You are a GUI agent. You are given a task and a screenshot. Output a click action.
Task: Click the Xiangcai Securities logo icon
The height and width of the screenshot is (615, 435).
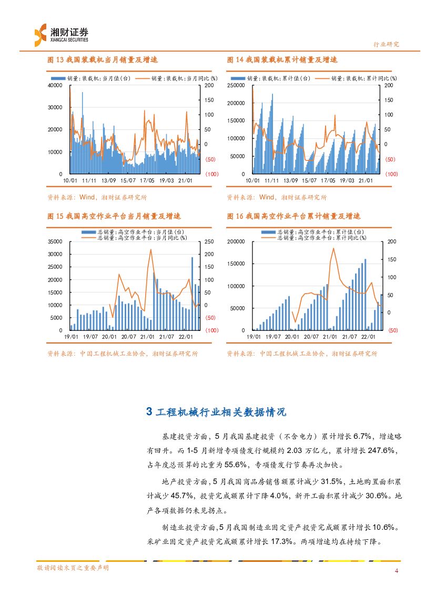pyautogui.click(x=40, y=35)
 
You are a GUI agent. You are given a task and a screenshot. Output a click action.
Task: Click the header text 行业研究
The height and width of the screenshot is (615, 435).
pyautogui.click(x=386, y=45)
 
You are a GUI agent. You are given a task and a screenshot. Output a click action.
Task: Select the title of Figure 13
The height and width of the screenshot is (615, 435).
pyautogui.click(x=103, y=60)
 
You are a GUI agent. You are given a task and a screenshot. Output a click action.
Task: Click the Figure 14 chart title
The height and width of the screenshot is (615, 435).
pyautogui.click(x=282, y=60)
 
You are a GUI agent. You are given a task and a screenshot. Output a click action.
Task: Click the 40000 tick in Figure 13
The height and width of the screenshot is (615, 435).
pyautogui.click(x=55, y=85)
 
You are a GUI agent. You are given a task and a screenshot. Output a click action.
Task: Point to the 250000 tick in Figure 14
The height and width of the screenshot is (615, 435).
pyautogui.click(x=237, y=85)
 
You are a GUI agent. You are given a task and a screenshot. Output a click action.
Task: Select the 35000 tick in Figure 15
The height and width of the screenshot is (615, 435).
pyautogui.click(x=55, y=241)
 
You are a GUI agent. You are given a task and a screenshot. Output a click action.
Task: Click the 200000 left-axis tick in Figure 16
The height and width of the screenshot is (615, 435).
pyautogui.click(x=237, y=241)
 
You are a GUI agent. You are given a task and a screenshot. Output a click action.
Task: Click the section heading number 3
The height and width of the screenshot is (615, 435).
pyautogui.click(x=149, y=412)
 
